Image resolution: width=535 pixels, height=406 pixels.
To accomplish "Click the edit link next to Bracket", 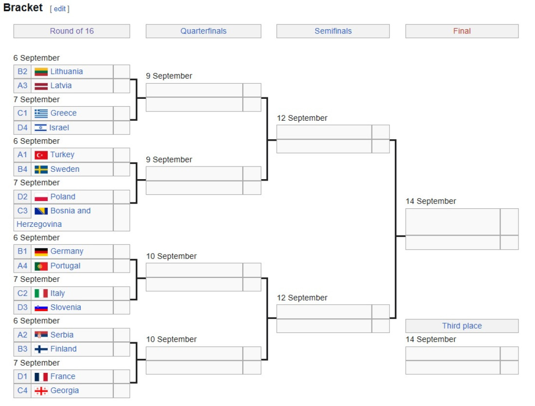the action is [x=60, y=9].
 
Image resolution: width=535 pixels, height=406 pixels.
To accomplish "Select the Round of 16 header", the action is [x=71, y=31].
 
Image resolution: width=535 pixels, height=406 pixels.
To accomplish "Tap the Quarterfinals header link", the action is [x=203, y=31].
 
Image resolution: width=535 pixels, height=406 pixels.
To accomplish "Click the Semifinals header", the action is [x=333, y=31].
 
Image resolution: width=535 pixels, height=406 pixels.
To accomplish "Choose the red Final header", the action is [x=462, y=31].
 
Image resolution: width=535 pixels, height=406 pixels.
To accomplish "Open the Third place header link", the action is [x=462, y=326].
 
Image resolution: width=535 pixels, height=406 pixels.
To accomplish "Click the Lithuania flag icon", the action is [x=41, y=72].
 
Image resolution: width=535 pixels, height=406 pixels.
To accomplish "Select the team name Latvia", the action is [x=61, y=85].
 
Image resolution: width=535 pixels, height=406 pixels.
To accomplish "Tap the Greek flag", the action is [x=41, y=113].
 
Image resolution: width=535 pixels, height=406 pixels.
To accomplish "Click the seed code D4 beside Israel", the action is [x=22, y=128].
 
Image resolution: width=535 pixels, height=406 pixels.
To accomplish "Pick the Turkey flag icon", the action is [x=41, y=155].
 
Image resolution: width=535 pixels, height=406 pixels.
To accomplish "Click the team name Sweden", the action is [x=65, y=169].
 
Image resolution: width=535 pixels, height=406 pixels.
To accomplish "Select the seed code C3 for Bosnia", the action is [x=22, y=211].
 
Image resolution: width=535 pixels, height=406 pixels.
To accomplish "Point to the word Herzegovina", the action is [x=39, y=224].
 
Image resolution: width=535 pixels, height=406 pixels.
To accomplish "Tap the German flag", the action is [x=41, y=252].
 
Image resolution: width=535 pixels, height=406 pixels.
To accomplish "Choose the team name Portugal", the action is [x=66, y=266].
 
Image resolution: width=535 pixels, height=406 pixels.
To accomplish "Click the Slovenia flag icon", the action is [x=41, y=308].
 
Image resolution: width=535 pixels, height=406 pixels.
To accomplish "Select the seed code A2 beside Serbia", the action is [x=22, y=335].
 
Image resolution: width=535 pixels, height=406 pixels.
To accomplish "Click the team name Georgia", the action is [x=65, y=390].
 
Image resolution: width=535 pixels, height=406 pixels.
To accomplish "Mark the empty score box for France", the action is [x=122, y=377].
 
